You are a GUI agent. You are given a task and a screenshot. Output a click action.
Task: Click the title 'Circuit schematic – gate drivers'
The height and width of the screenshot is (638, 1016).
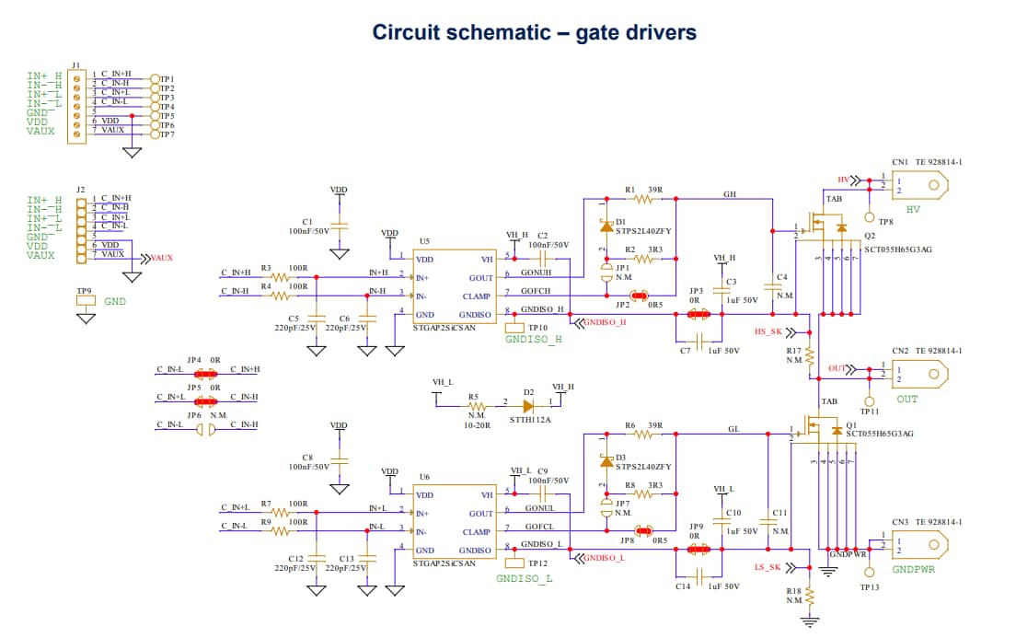tap(534, 32)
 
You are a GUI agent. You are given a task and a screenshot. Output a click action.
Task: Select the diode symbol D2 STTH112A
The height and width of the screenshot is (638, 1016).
tap(528, 403)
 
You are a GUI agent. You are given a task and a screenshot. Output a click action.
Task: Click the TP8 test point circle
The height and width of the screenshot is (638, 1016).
tap(869, 218)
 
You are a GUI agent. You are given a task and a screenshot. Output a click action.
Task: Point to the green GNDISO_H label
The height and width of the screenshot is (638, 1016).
tap(534, 340)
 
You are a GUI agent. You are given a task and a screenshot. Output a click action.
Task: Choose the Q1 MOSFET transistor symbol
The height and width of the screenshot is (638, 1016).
tap(814, 428)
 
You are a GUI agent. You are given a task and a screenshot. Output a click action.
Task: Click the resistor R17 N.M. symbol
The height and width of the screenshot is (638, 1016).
tap(811, 354)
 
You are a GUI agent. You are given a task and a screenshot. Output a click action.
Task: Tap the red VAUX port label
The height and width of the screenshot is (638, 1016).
tap(161, 259)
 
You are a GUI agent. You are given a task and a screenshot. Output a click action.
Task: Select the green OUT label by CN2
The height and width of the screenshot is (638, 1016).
tap(907, 400)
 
